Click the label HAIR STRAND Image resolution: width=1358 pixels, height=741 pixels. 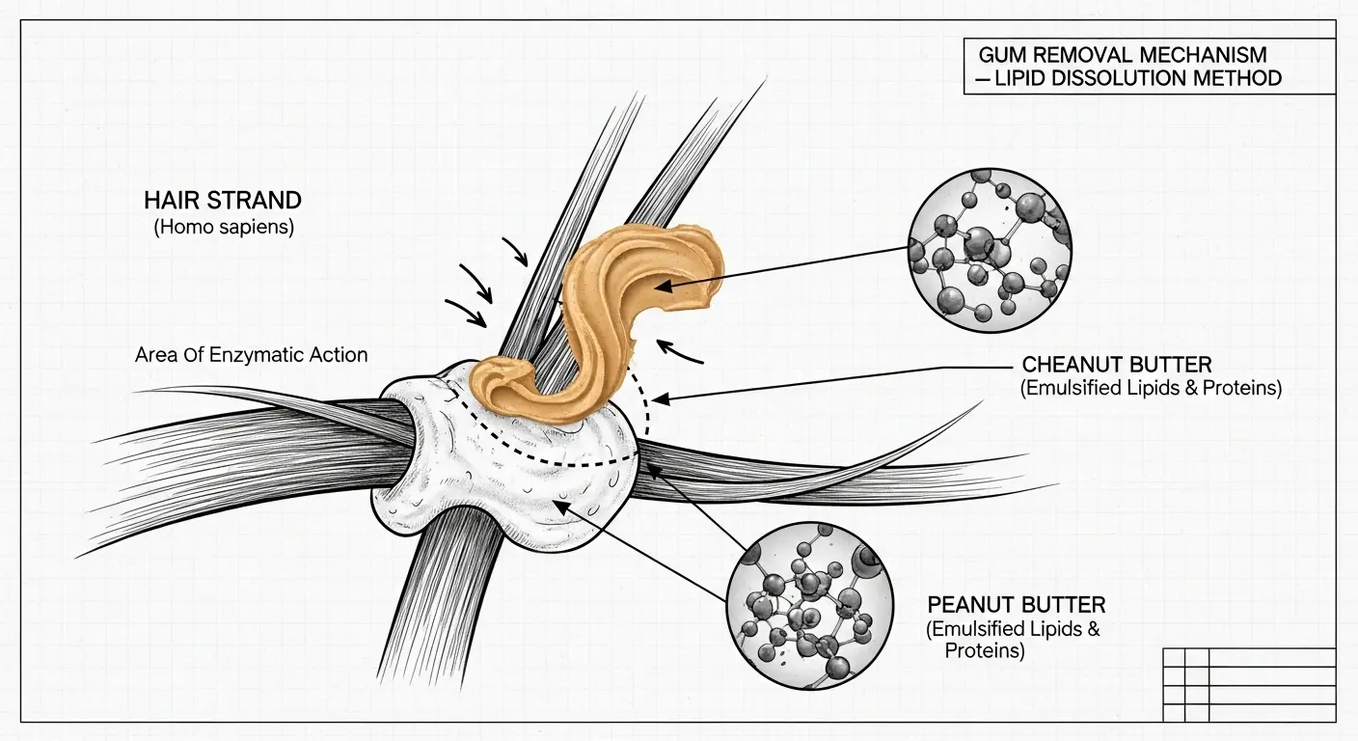pos(223,201)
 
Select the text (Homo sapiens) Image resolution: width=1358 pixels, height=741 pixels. pos(223,229)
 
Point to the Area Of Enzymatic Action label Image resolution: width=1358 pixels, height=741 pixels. pos(252,355)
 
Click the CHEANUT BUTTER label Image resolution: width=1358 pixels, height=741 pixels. pos(1117,365)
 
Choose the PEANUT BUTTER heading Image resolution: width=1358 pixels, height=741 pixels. pos(1017,605)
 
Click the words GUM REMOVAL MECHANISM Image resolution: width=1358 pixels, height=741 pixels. pos(1123,54)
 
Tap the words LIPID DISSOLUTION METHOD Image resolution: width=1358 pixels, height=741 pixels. pos(1137,78)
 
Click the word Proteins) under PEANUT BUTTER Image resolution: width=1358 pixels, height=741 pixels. pos(984,651)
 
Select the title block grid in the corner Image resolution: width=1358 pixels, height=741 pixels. pos(1249,684)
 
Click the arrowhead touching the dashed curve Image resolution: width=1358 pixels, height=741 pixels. pos(659,397)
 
